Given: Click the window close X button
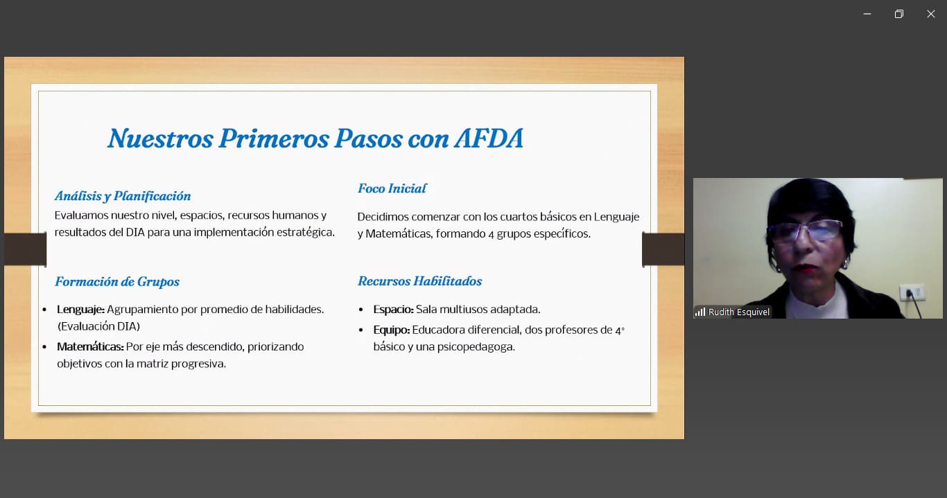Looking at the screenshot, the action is [x=930, y=14].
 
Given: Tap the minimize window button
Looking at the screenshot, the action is [x=867, y=14].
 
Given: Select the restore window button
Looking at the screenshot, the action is [x=898, y=14].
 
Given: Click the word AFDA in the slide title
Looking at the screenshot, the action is [x=489, y=138].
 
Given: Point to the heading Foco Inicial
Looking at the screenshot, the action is [x=392, y=188].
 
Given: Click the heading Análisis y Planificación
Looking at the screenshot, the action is [x=123, y=196].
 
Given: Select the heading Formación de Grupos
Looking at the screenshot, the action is [x=117, y=282].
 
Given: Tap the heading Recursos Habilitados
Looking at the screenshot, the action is [x=420, y=281].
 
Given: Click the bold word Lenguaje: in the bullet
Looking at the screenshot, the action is [x=80, y=310].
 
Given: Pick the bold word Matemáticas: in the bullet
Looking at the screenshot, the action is [x=91, y=347].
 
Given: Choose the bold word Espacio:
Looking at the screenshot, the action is [x=393, y=310].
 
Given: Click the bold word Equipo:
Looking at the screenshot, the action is [x=392, y=330].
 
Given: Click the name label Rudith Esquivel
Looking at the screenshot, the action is [x=738, y=312].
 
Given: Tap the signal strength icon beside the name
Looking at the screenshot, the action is [x=700, y=312].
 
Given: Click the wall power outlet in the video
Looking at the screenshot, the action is [x=912, y=292].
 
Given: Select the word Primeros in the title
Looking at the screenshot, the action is [x=274, y=138].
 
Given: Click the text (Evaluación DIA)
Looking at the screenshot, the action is [x=98, y=326].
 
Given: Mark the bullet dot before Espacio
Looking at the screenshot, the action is [x=360, y=310].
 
